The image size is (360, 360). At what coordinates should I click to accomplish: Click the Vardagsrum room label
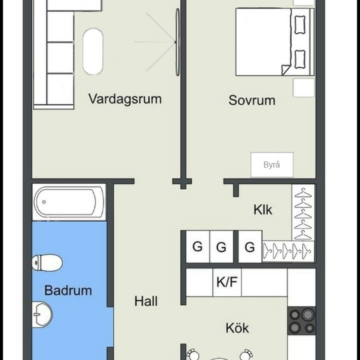tap(125, 99)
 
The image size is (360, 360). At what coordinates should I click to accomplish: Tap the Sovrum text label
tap(252, 100)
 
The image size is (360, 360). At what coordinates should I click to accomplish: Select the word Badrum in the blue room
tap(68, 290)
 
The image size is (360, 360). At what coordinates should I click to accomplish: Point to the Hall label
tap(146, 301)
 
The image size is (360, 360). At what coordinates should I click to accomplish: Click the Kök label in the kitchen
tap(237, 328)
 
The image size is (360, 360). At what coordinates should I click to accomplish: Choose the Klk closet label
tap(263, 210)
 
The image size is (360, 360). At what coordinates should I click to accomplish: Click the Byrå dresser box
tap(272, 165)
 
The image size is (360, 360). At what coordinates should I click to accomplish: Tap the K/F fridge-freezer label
tap(227, 282)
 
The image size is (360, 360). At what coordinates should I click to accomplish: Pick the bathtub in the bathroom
tap(69, 202)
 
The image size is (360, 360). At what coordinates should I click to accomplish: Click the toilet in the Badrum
tap(47, 262)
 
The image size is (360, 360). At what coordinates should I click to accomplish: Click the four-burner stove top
tap(301, 320)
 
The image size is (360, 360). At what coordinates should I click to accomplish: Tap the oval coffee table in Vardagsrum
tap(93, 52)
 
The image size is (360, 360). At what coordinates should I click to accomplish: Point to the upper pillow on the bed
tap(300, 25)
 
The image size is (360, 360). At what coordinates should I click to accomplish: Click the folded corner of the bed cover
tap(286, 70)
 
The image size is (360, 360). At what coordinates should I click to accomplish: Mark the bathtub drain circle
tap(44, 202)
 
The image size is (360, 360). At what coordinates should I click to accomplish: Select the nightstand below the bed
tap(304, 88)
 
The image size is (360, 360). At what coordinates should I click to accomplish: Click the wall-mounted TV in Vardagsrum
tap(178, 42)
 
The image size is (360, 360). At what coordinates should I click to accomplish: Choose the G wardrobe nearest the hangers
tap(250, 247)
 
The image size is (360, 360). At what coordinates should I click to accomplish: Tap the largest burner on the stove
tap(307, 315)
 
